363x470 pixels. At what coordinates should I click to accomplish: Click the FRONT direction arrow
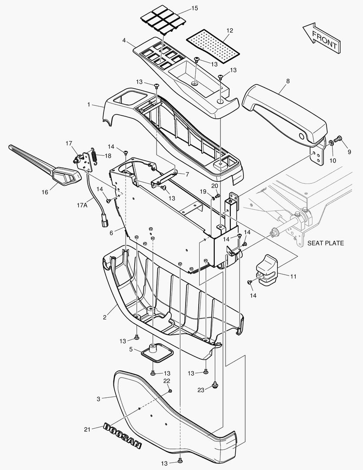pos(322,39)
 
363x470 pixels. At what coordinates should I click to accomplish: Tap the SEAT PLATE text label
pos(326,243)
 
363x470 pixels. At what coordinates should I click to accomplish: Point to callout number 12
pos(230,30)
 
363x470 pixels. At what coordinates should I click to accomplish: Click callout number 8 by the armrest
pos(288,81)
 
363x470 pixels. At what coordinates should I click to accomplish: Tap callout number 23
pos(200,390)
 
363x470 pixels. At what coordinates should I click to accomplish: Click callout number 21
pos(87,430)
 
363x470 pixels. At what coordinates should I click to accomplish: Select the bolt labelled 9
pos(340,139)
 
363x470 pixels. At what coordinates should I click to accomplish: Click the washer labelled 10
pos(331,142)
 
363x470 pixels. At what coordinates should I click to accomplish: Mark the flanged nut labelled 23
pos(215,385)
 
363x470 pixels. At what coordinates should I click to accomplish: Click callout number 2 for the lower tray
pos(105,317)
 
